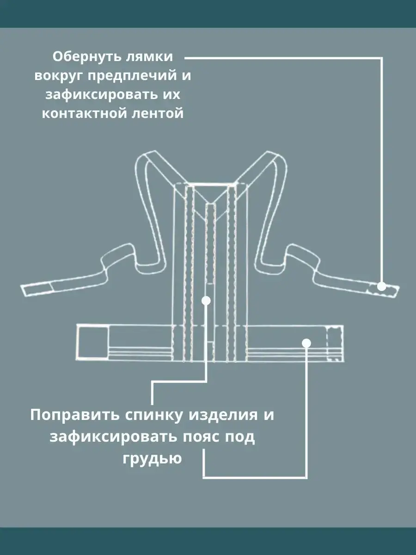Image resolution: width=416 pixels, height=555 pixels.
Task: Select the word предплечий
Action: point(132,76)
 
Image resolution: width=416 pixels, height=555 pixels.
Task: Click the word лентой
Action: point(158,114)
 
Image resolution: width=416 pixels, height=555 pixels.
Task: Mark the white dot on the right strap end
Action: point(381,286)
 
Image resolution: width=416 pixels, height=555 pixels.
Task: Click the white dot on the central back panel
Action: point(206,301)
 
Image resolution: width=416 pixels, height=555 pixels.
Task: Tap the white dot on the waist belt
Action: point(306,343)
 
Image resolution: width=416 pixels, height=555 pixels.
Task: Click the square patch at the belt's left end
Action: point(93,342)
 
